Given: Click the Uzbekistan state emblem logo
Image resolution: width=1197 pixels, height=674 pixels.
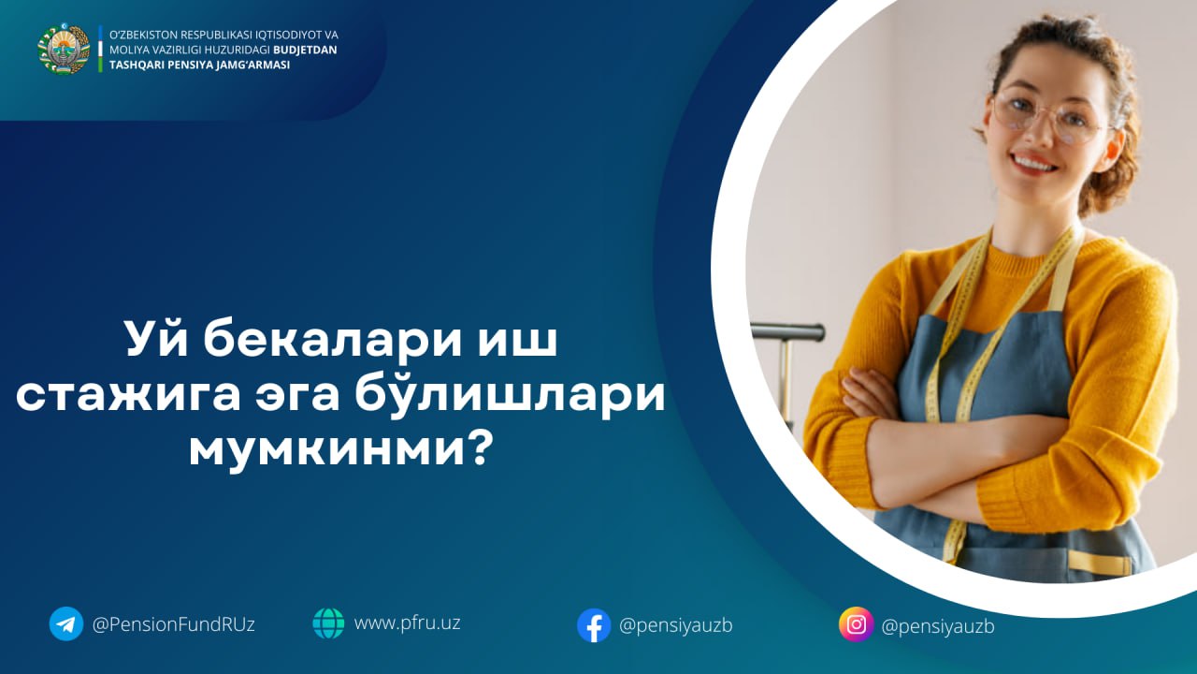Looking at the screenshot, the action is pyautogui.click(x=64, y=49).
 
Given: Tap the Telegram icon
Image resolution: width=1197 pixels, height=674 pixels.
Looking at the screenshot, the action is pyautogui.click(x=66, y=623).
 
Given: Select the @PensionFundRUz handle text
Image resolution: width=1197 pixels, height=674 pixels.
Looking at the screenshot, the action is pyautogui.click(x=174, y=624).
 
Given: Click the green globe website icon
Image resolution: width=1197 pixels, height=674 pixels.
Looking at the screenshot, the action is pyautogui.click(x=328, y=623).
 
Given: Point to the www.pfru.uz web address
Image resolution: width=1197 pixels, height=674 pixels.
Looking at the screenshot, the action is pyautogui.click(x=407, y=623).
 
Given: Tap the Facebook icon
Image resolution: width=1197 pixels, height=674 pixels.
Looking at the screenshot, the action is pyautogui.click(x=594, y=624).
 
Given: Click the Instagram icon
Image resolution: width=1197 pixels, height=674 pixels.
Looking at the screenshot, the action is pyautogui.click(x=856, y=624).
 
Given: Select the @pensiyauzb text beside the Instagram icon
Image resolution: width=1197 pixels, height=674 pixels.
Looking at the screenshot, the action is pyautogui.click(x=938, y=626).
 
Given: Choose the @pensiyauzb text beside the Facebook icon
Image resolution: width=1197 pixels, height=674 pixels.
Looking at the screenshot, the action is pyautogui.click(x=676, y=625).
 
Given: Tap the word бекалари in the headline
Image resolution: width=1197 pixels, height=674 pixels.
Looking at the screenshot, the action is pyautogui.click(x=332, y=340).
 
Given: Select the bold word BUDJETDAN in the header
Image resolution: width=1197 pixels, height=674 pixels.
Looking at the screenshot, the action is pyautogui.click(x=305, y=50).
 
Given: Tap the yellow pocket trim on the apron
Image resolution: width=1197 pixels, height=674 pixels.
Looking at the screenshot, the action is pyautogui.click(x=1101, y=563).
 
